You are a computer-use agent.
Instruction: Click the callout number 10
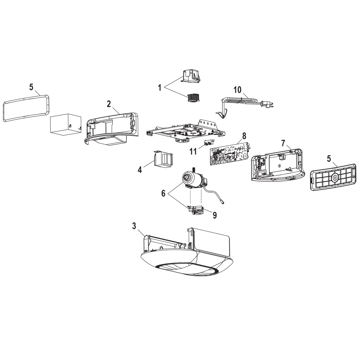237,90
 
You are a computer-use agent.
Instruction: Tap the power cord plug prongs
272,105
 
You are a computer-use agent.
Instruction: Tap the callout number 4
140,169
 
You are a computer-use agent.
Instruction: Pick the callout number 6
163,193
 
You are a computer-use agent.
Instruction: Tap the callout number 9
214,215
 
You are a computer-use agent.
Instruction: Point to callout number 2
109,104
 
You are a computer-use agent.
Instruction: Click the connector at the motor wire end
223,202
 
